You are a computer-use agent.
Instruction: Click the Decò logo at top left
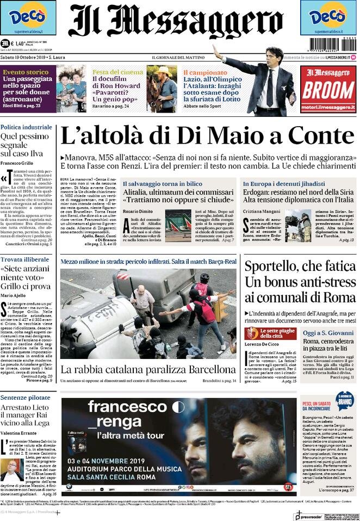point(28,17)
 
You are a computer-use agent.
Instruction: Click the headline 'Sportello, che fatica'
point(300,266)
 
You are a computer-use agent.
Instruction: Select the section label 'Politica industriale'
point(26,127)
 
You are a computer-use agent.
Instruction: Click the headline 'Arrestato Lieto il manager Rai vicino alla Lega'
point(28,414)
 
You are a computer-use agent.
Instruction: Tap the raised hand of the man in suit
point(216,49)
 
